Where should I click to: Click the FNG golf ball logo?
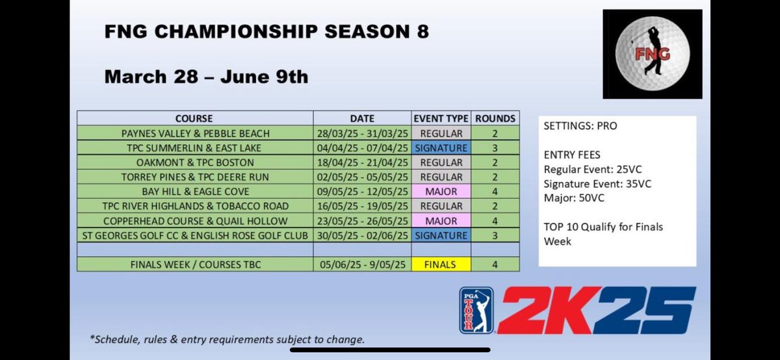pos(652,54)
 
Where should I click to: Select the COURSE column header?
pos(194,119)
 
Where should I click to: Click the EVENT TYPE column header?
pos(441,119)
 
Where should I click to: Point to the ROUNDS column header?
pos(495,119)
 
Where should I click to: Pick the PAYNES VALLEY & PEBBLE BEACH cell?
pos(194,133)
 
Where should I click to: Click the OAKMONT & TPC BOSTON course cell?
pos(194,162)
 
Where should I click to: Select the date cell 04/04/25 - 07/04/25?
pos(361,148)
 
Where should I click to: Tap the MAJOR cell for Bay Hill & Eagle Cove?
pos(441,192)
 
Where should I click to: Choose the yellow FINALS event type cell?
pos(441,264)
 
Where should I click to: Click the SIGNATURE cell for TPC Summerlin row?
pos(441,148)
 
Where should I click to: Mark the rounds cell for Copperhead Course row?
pos(495,221)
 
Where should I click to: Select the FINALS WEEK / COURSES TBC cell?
pos(194,264)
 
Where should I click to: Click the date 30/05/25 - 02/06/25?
pos(361,235)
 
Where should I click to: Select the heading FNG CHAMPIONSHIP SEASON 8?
pos(266,32)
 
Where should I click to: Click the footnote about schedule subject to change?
pos(227,340)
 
